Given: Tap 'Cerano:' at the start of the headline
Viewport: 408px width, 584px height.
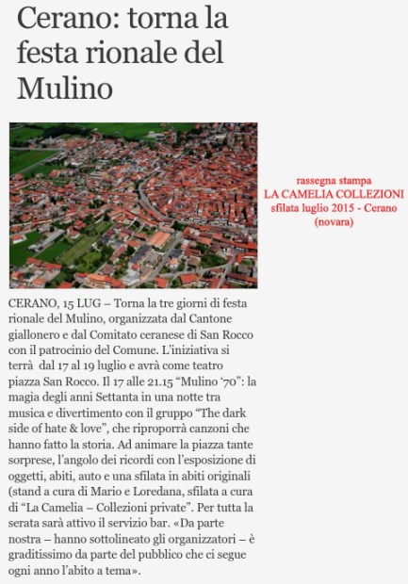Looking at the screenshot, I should (56, 18).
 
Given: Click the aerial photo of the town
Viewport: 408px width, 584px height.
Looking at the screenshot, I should (133, 204).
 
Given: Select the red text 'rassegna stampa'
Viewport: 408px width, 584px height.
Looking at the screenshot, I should (333, 180).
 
